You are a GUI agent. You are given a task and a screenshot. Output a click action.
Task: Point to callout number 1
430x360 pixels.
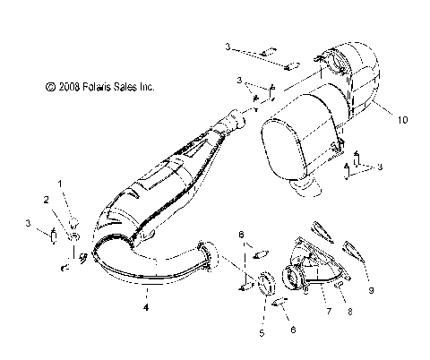coord(61,183)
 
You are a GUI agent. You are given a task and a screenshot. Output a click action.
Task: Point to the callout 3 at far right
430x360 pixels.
coord(381,167)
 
